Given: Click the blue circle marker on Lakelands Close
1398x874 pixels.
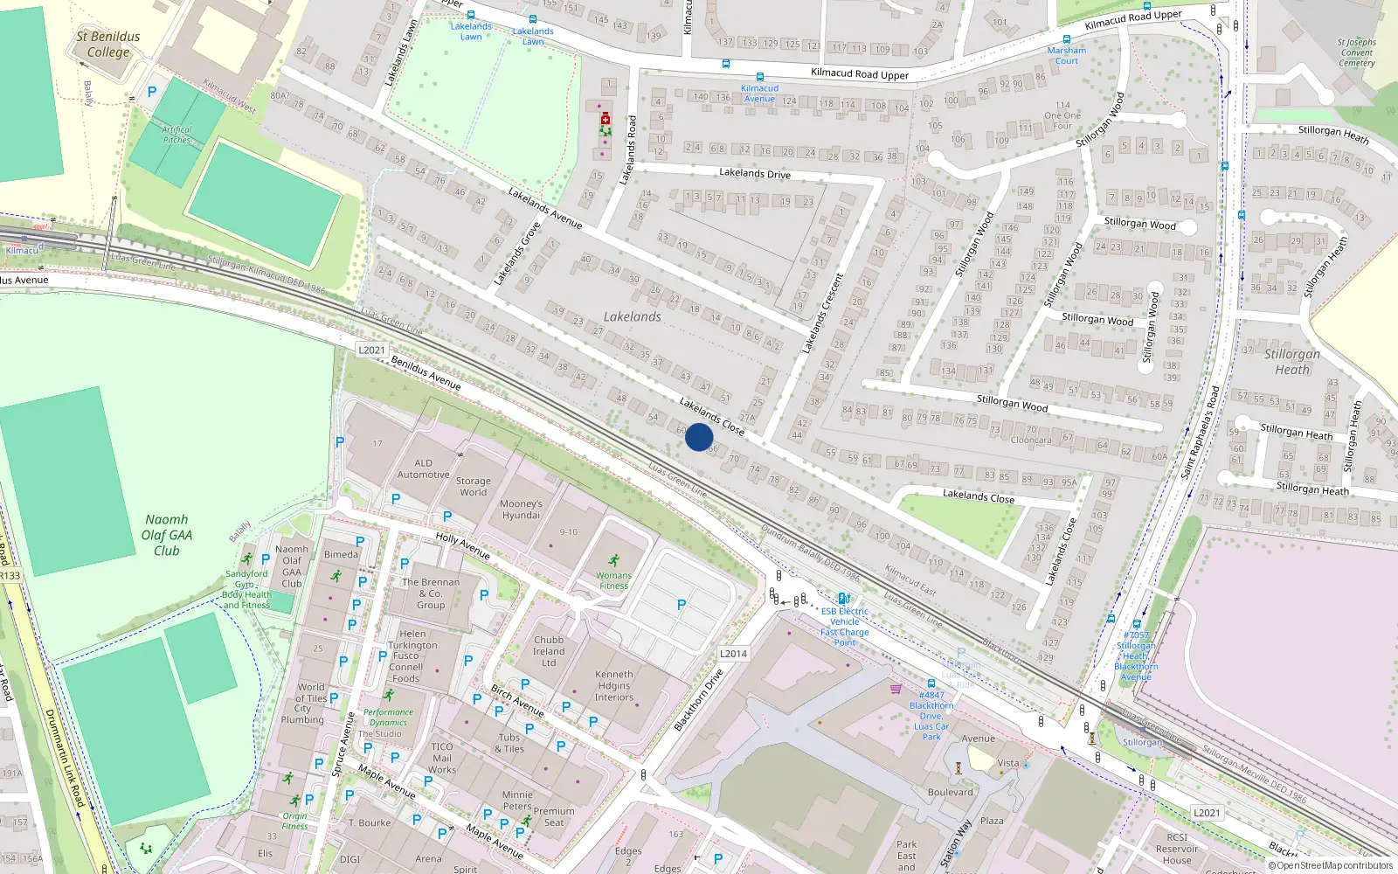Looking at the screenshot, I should tap(699, 437).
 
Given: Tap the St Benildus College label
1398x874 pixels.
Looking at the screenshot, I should tap(108, 45).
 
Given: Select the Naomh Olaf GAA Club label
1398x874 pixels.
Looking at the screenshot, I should tap(166, 535).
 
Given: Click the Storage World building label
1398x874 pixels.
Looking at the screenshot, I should tap(473, 487).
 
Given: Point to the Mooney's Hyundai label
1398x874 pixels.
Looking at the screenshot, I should tap(521, 510).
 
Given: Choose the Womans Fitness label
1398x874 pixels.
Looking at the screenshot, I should tap(613, 579).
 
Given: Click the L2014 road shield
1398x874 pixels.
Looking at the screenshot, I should tap(733, 654).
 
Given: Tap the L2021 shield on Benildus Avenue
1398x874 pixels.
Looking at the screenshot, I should tap(371, 350).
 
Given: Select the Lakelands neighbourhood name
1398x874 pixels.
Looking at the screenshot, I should tap(632, 317).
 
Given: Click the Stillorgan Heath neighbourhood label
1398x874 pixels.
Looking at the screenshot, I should tap(1291, 362).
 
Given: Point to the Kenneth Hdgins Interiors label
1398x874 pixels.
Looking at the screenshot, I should tap(614, 685).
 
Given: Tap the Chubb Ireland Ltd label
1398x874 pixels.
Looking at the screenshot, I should tap(549, 651).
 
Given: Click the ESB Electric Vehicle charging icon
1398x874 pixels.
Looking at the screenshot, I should tap(844, 599).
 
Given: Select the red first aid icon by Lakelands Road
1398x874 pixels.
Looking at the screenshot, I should tap(605, 117).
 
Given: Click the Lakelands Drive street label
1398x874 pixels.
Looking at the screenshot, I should tap(755, 174).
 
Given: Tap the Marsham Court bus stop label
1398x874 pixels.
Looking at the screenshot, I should tap(1067, 55).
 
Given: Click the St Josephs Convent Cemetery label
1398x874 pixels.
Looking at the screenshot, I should tap(1356, 52).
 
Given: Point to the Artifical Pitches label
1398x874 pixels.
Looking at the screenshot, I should tap(176, 135).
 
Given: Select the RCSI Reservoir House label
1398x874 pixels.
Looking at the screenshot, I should tap(1177, 849).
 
